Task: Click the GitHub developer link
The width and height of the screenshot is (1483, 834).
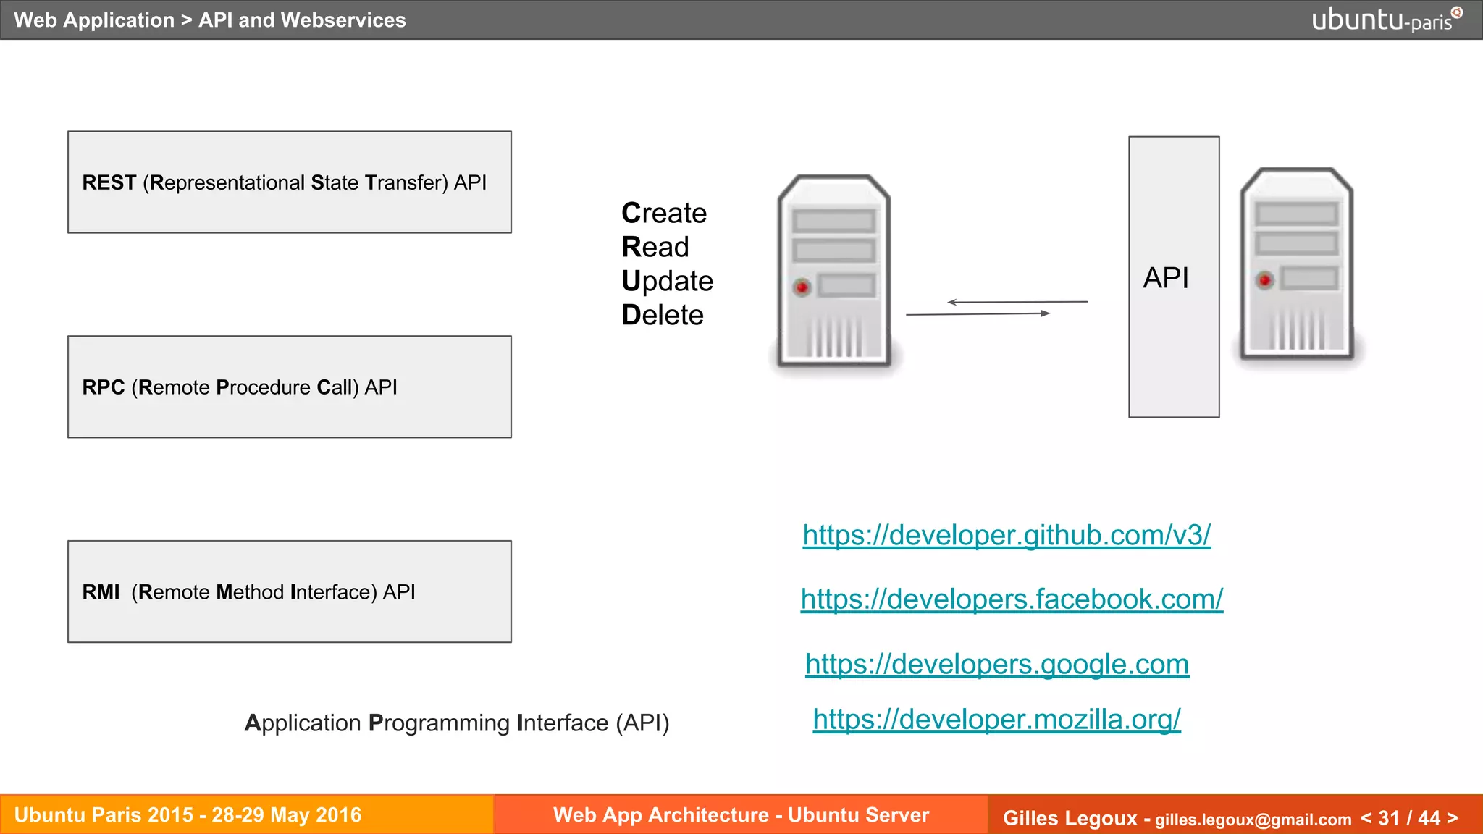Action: click(1007, 535)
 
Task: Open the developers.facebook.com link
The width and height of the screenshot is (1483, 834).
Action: click(1012, 599)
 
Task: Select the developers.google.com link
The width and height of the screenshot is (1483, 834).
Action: click(997, 664)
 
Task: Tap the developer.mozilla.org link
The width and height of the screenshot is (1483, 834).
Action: click(996, 720)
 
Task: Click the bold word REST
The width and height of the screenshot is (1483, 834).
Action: click(109, 182)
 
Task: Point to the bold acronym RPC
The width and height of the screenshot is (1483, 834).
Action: click(104, 387)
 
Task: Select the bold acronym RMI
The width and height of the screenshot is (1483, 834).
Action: click(101, 592)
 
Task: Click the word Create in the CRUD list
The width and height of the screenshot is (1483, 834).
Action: click(664, 213)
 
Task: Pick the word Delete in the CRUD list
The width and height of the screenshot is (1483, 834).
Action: click(663, 315)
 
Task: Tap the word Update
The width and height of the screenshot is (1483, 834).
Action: click(667, 281)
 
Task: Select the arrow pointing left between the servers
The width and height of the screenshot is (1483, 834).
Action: click(1017, 302)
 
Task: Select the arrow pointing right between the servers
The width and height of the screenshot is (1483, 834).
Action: click(978, 314)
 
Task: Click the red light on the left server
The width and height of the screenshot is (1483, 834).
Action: click(802, 287)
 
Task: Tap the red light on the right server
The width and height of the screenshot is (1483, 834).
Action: click(1264, 280)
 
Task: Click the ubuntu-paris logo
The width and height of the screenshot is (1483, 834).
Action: click(1386, 20)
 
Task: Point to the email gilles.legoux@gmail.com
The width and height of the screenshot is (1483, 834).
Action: click(1253, 820)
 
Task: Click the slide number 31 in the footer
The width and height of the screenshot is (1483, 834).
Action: click(1388, 818)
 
